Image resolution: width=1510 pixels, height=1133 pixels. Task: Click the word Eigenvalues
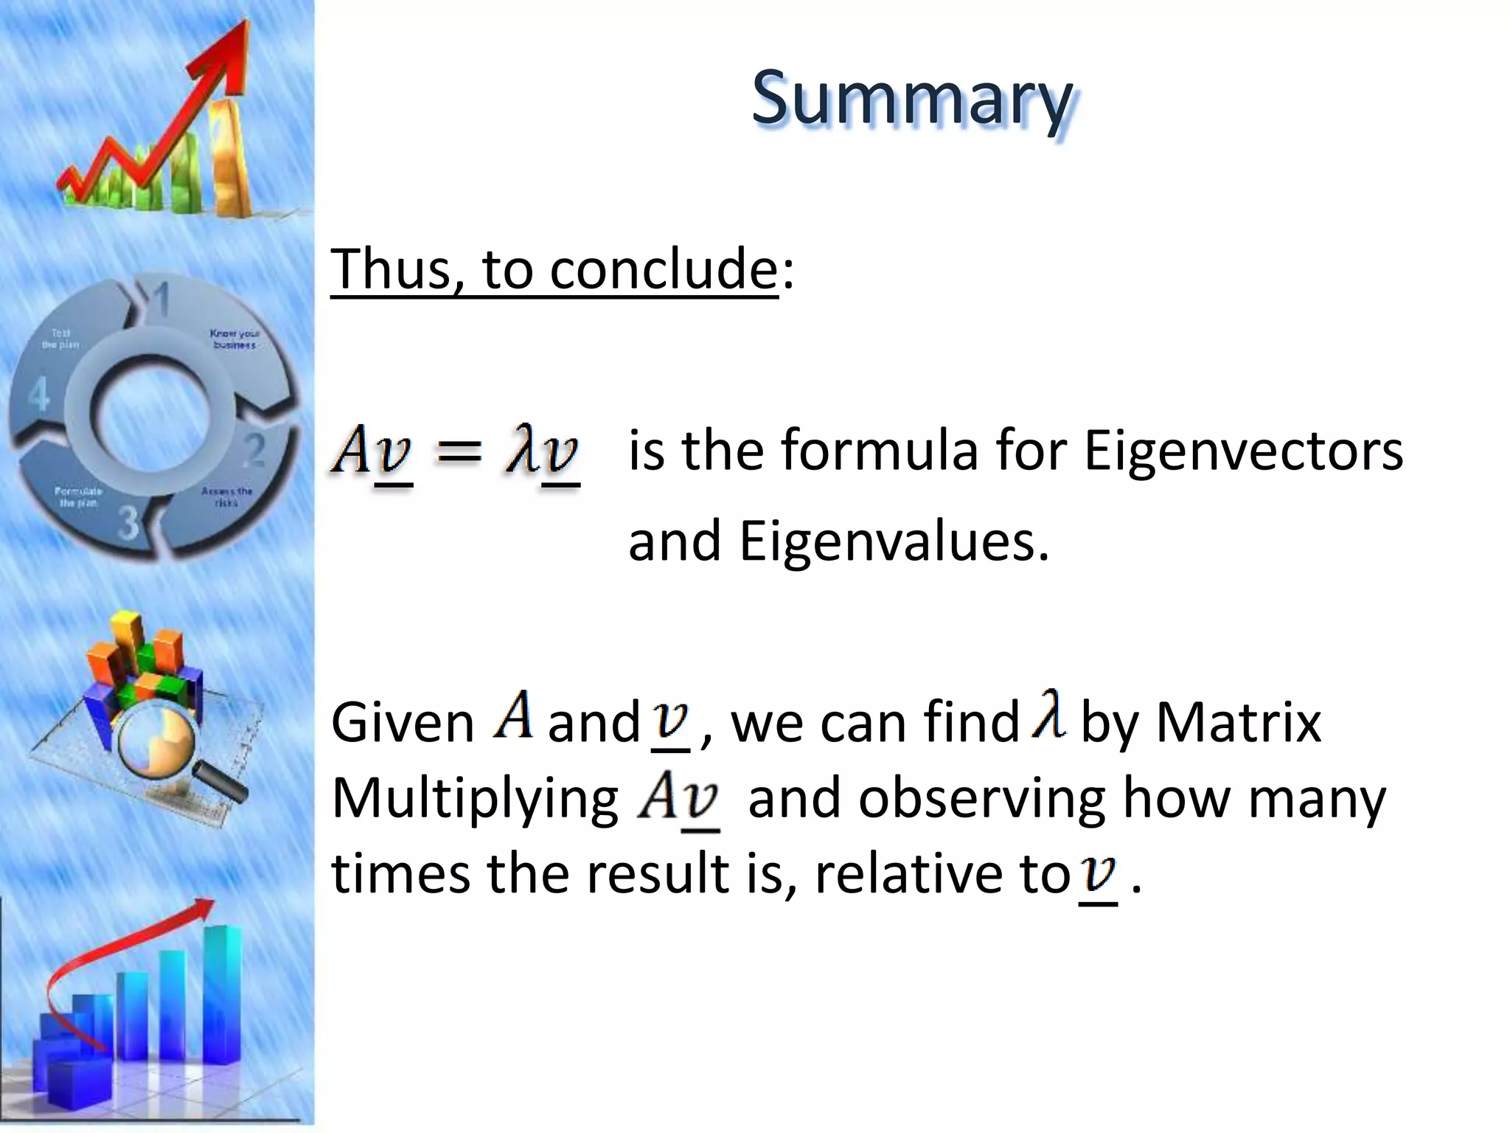(x=894, y=541)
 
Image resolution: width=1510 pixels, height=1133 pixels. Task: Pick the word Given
(x=403, y=723)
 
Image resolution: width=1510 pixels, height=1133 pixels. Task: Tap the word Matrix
(x=1238, y=723)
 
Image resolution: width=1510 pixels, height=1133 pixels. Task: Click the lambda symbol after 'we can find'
(x=1048, y=714)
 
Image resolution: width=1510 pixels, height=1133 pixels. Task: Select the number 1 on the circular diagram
(x=161, y=299)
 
